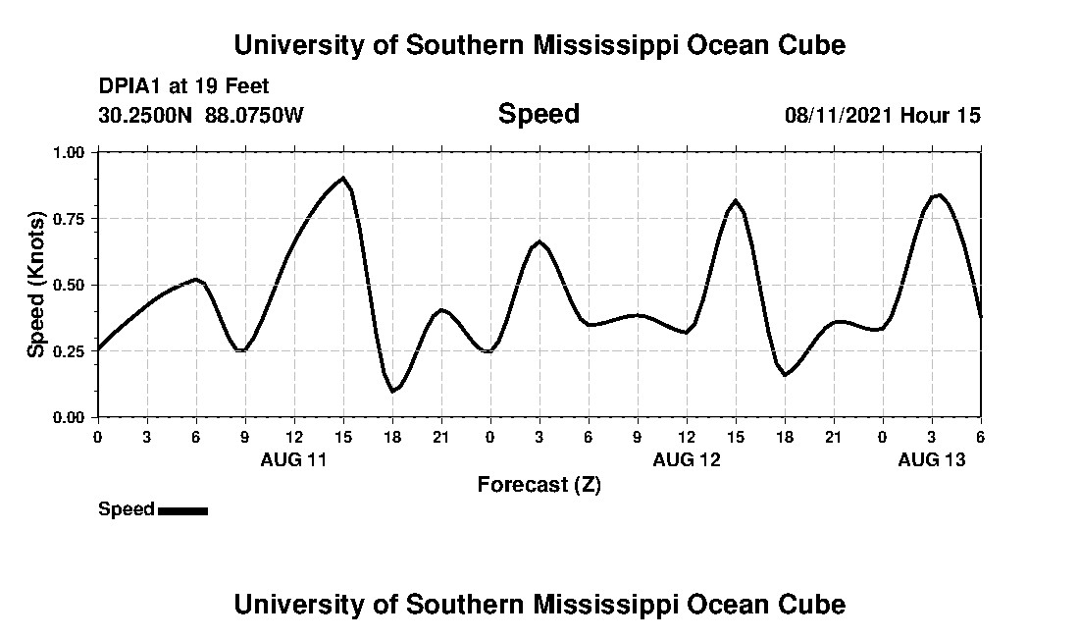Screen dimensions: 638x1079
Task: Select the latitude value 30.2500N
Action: tap(147, 115)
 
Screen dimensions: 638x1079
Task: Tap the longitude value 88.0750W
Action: tap(254, 115)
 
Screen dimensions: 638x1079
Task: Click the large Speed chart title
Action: tap(539, 114)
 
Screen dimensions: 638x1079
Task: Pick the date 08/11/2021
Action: tap(839, 115)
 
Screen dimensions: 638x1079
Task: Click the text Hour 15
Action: tap(941, 115)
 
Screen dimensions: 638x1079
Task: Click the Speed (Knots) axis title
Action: tap(36, 285)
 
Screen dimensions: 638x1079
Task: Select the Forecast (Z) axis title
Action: tap(539, 484)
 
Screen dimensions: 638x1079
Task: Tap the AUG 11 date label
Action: tap(293, 459)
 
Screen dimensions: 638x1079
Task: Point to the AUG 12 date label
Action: tap(686, 459)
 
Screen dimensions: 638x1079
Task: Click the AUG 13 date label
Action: tap(931, 459)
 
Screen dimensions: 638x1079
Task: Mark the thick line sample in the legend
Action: tap(182, 510)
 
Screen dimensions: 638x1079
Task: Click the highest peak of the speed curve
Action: tap(342, 179)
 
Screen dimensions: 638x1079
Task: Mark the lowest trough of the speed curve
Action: tap(392, 391)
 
